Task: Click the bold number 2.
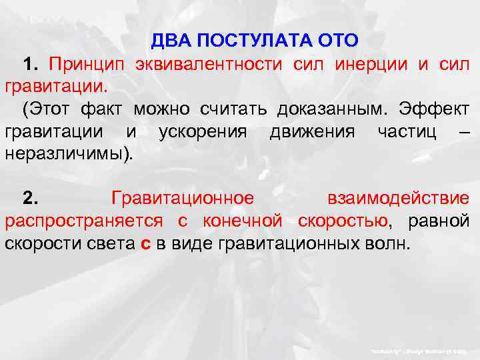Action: [31, 198]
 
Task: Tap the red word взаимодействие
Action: [398, 198]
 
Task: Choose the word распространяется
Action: [87, 221]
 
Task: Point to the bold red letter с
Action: [146, 243]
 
